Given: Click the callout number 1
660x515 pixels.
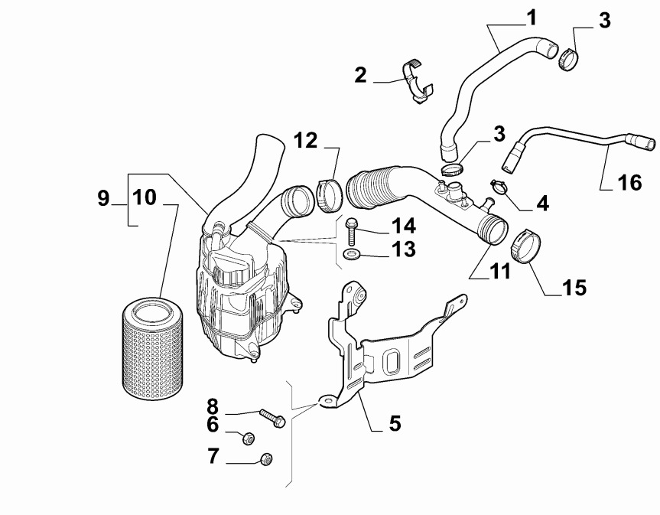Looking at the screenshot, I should (530, 16).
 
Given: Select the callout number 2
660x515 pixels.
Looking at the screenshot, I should (360, 75).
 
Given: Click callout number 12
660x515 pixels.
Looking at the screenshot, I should (306, 140).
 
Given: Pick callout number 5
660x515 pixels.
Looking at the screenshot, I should (395, 422).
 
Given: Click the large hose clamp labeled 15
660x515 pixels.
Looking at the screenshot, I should (525, 244).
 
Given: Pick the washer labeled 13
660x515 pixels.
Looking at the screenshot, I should (352, 253).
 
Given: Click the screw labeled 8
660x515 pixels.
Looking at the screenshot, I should (270, 419).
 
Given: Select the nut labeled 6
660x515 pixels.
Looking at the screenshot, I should (249, 438).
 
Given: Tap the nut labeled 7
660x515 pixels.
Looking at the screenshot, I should (267, 459).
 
